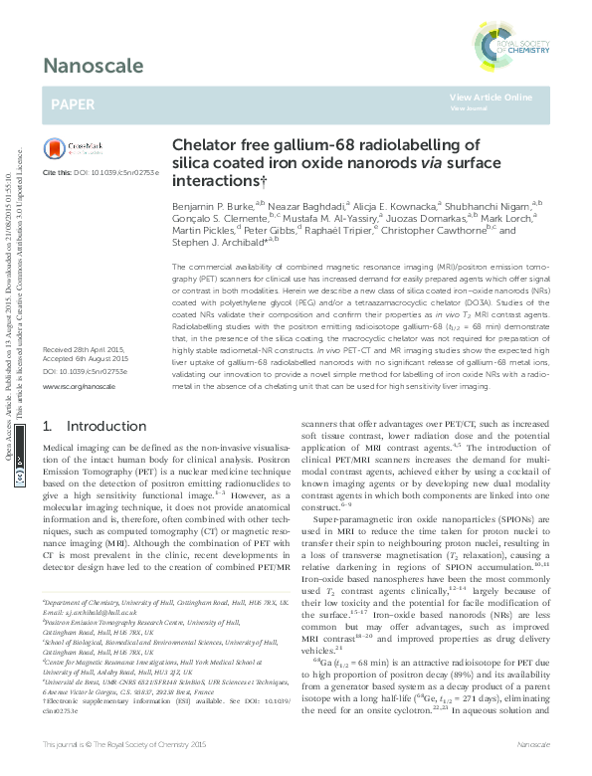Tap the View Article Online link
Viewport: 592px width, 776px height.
pyautogui.click(x=491, y=97)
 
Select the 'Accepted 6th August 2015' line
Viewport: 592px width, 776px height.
pyautogui.click(x=86, y=360)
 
